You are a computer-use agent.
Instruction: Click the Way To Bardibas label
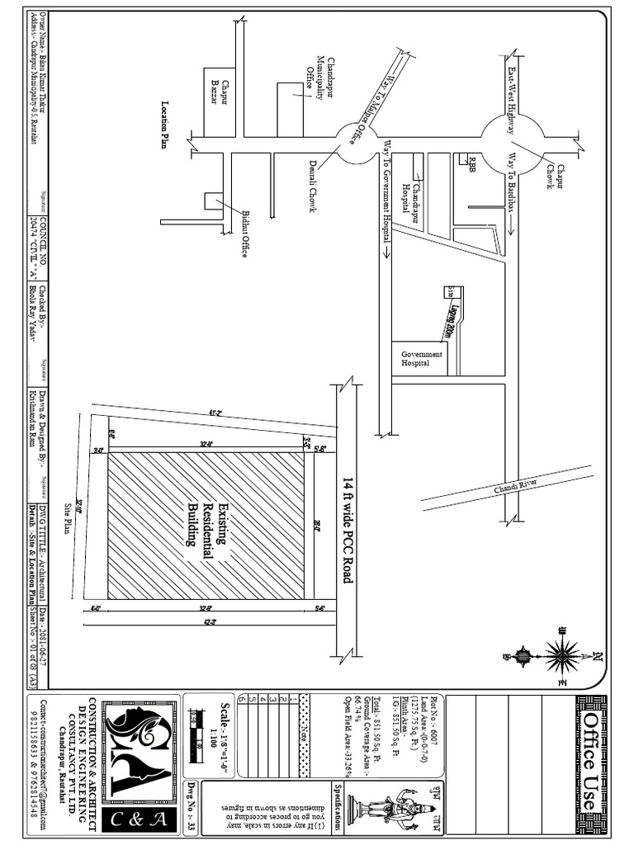(x=512, y=183)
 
